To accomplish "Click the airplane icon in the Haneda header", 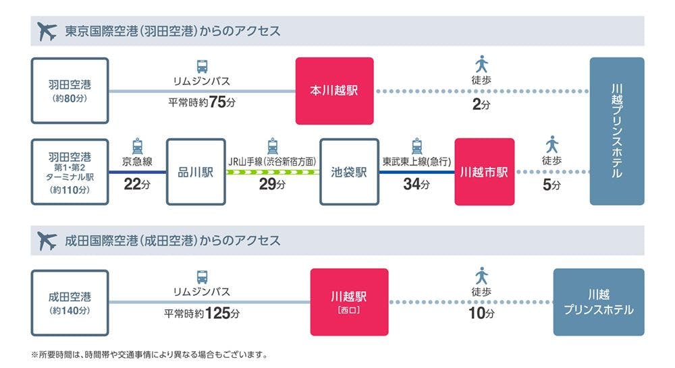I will [x=47, y=32].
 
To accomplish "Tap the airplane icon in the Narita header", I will [x=47, y=241].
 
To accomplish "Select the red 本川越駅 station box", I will [x=334, y=91].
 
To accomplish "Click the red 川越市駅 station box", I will [x=484, y=172].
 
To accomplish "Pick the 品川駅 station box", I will [x=195, y=172].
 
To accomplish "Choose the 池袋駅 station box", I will [x=349, y=172].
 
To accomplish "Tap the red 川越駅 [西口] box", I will [x=349, y=302].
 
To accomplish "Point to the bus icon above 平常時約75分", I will [x=202, y=66].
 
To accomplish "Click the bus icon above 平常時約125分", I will [x=202, y=276].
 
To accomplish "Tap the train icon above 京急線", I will [x=137, y=146].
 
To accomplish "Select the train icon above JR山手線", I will [x=272, y=146].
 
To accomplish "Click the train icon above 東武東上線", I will [x=416, y=146].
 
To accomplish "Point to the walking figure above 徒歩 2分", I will [x=481, y=65].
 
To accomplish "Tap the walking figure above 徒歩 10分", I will [x=481, y=276].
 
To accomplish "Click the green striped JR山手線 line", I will [x=272, y=172].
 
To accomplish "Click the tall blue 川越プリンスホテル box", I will [x=617, y=131].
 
